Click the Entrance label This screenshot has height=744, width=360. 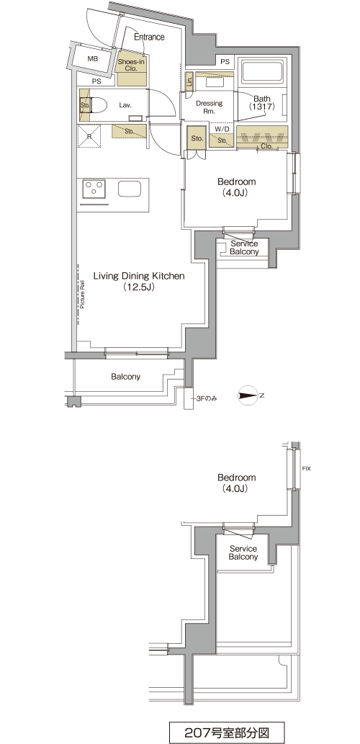(x=149, y=37)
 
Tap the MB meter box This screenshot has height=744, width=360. (x=92, y=58)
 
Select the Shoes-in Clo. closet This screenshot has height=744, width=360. (x=131, y=68)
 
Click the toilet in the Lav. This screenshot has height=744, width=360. (x=98, y=105)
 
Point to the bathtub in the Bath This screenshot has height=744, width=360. (x=263, y=71)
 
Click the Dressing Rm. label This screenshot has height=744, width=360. (x=210, y=107)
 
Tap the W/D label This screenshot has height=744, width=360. (x=222, y=129)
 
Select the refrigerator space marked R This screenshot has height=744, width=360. (x=90, y=136)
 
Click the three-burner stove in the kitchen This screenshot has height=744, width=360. (x=94, y=189)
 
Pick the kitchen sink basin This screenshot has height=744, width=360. (x=130, y=189)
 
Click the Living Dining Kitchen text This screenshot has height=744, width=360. (x=138, y=276)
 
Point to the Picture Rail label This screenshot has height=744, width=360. (x=81, y=295)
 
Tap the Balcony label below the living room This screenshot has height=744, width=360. (x=126, y=377)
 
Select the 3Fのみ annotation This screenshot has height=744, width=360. (x=207, y=398)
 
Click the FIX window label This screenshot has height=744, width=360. (x=307, y=469)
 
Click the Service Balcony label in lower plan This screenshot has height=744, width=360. (x=243, y=553)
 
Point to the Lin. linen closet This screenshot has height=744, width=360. (x=189, y=81)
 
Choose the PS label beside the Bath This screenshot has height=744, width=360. (x=225, y=61)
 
